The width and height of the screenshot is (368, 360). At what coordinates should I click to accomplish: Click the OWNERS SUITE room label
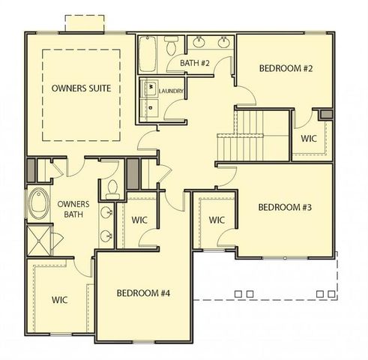(82, 88)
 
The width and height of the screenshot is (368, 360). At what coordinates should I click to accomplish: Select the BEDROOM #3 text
(284, 207)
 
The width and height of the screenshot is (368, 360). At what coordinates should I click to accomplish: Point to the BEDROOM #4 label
(144, 292)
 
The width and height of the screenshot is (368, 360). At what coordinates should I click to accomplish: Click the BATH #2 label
(193, 64)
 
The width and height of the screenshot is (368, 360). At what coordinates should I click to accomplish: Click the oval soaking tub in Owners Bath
(37, 202)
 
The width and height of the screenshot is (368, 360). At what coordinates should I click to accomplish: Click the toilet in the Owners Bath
(112, 187)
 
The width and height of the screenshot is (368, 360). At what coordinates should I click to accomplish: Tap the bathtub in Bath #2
(147, 54)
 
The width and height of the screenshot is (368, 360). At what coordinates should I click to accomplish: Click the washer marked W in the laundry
(150, 88)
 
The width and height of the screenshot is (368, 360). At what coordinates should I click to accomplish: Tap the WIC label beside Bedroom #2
(309, 139)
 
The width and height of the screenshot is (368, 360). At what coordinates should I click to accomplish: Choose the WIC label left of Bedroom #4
(61, 299)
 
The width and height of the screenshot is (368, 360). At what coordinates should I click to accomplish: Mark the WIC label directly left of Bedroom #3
(217, 220)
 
